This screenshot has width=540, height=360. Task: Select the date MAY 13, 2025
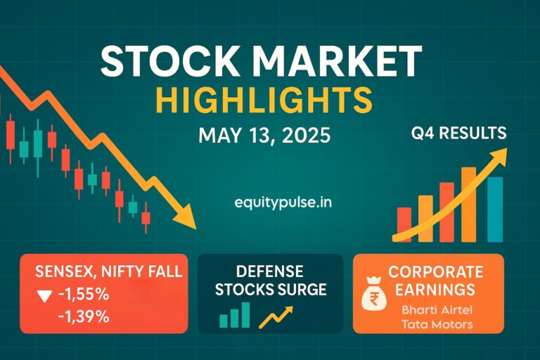(x=264, y=134)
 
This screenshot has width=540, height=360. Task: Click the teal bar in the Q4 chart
(x=495, y=209)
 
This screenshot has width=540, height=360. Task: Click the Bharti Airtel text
(x=435, y=309)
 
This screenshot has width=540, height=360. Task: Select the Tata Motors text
(x=435, y=324)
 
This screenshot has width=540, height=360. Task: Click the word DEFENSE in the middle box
(x=270, y=271)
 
